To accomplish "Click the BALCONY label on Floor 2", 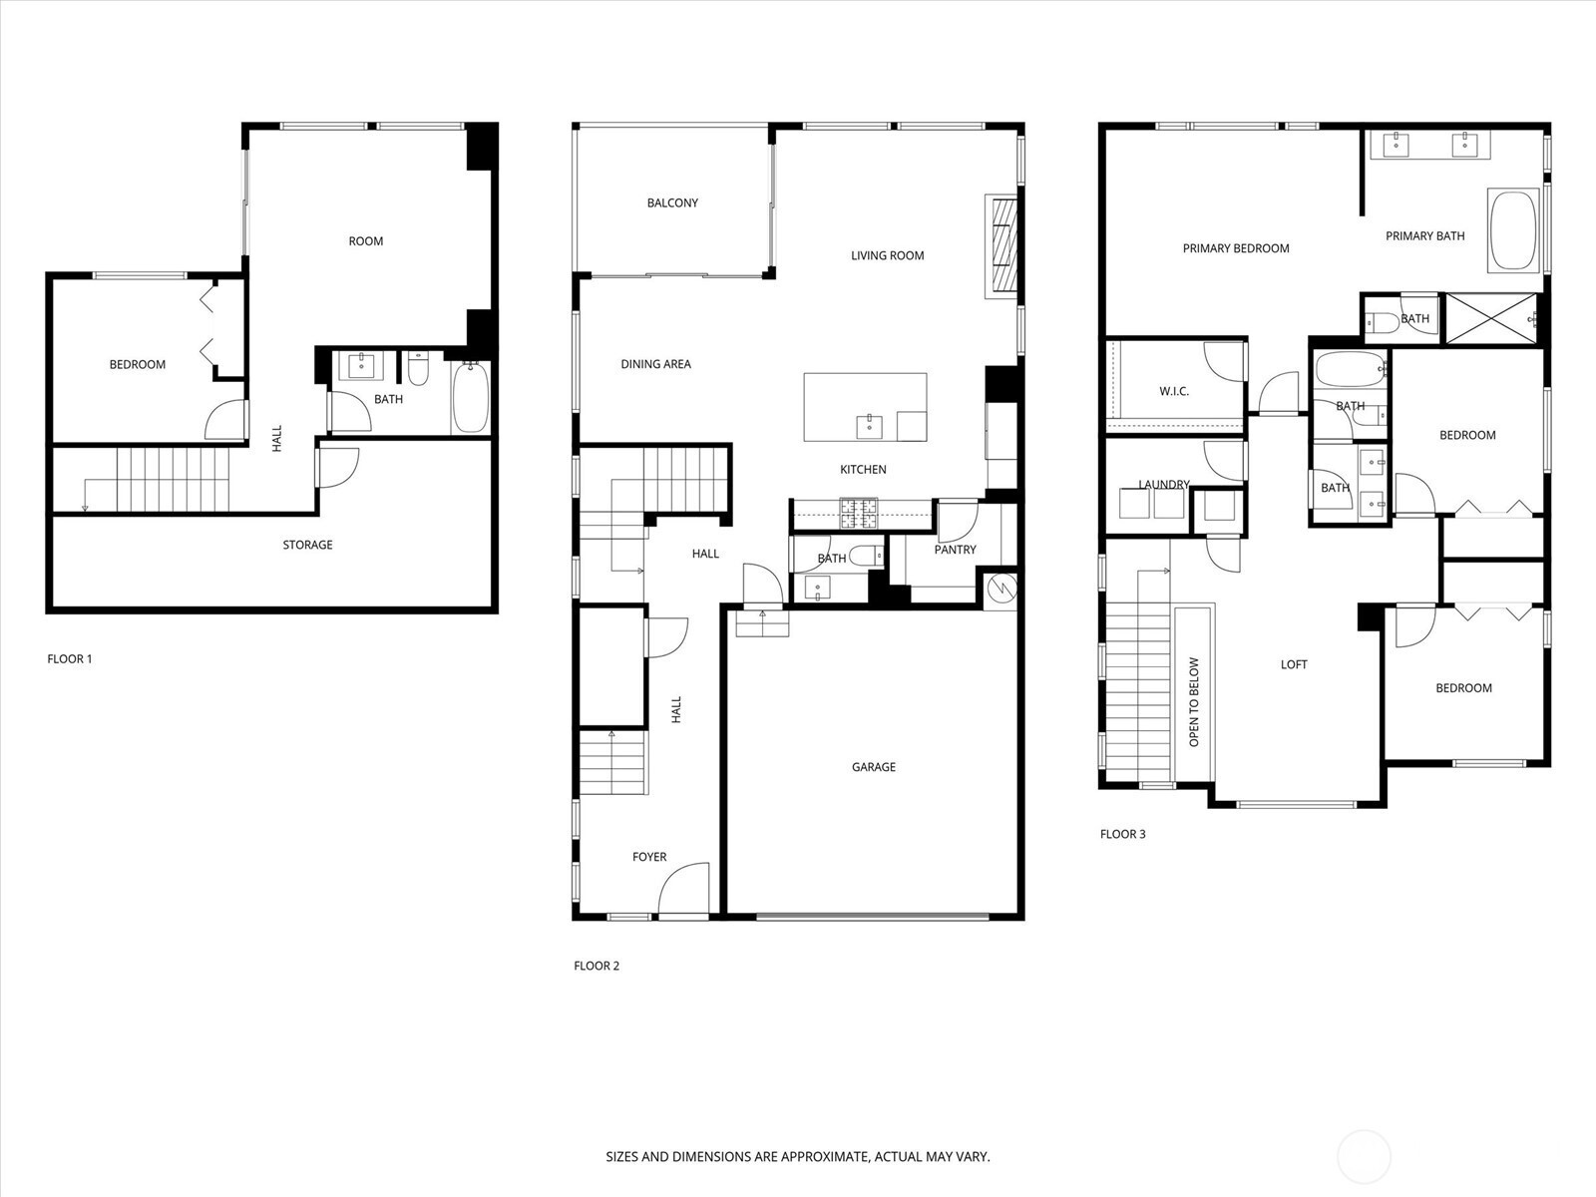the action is (672, 202).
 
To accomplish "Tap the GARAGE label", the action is (873, 767).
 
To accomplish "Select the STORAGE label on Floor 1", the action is (307, 545).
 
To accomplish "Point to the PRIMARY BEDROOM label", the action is (1235, 248).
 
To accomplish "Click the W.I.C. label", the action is (1173, 391).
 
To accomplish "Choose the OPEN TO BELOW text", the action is (1193, 702).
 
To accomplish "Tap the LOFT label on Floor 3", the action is (1294, 664).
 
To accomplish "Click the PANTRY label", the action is (955, 550).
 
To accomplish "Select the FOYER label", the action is (649, 857).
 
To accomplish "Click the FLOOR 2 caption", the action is (597, 966).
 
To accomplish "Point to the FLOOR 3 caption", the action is (1122, 834).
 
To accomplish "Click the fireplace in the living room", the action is (1001, 245).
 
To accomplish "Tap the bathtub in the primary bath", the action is (1513, 230).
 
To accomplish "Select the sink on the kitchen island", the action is (869, 427).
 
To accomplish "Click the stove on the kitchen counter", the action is (859, 513).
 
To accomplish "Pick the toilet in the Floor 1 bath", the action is (417, 368).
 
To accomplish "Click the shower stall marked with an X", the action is (1490, 318).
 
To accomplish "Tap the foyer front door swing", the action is (684, 888).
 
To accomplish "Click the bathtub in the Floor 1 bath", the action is (470, 398).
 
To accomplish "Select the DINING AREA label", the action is (655, 364).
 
